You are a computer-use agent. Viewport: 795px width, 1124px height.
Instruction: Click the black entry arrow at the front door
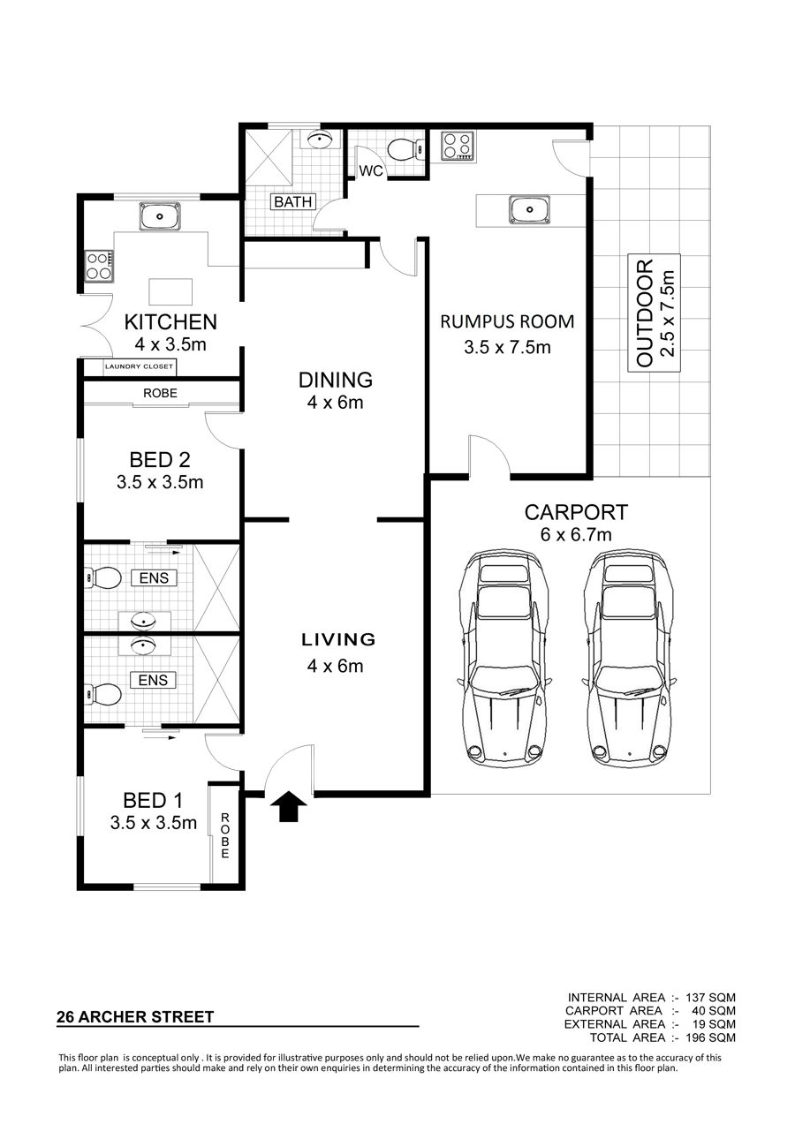[x=289, y=806]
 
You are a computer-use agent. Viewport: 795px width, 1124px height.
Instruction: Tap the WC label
[x=371, y=171]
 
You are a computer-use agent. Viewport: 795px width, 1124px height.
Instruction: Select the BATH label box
[x=293, y=201]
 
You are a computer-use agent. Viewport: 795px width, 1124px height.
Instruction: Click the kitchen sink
[x=160, y=216]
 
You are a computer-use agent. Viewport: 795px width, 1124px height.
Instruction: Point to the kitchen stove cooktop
[x=99, y=266]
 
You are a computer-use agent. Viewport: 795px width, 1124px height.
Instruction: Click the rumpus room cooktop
[x=458, y=146]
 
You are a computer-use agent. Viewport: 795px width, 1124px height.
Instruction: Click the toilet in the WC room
[x=405, y=149]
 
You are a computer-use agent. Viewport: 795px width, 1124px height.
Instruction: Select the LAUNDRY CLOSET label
[x=139, y=366]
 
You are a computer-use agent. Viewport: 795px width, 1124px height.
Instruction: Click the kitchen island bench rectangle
[x=170, y=291]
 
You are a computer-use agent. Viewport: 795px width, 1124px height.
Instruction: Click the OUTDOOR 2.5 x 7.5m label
[x=655, y=313]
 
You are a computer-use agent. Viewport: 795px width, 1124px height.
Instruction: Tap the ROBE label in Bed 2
[x=160, y=393]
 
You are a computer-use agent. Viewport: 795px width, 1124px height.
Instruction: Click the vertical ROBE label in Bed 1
[x=225, y=835]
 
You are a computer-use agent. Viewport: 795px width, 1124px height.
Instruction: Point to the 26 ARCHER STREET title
[x=135, y=1017]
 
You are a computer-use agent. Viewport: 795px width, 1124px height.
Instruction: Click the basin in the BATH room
[x=318, y=139]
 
